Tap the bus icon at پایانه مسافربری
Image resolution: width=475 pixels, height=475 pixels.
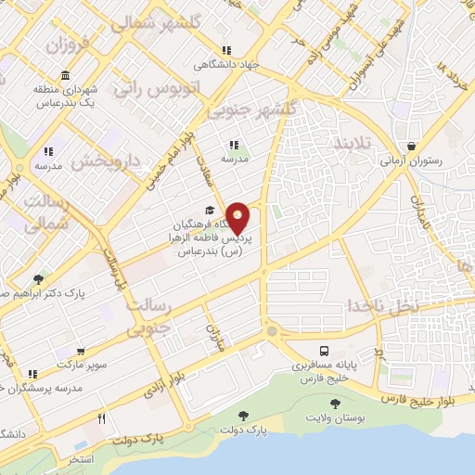pos(324,352)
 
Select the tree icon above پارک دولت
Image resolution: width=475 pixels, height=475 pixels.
pos(244,416)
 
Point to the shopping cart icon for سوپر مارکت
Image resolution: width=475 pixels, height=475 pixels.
pos(81,352)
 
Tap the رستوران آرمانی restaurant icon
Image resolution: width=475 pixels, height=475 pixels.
pos(411,145)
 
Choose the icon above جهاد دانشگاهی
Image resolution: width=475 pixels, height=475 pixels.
pos(225,51)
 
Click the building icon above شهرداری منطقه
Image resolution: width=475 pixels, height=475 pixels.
pos(65,75)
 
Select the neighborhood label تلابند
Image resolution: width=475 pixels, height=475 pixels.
pos(352,145)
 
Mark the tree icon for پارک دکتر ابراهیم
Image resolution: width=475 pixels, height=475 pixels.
pos(38,278)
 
